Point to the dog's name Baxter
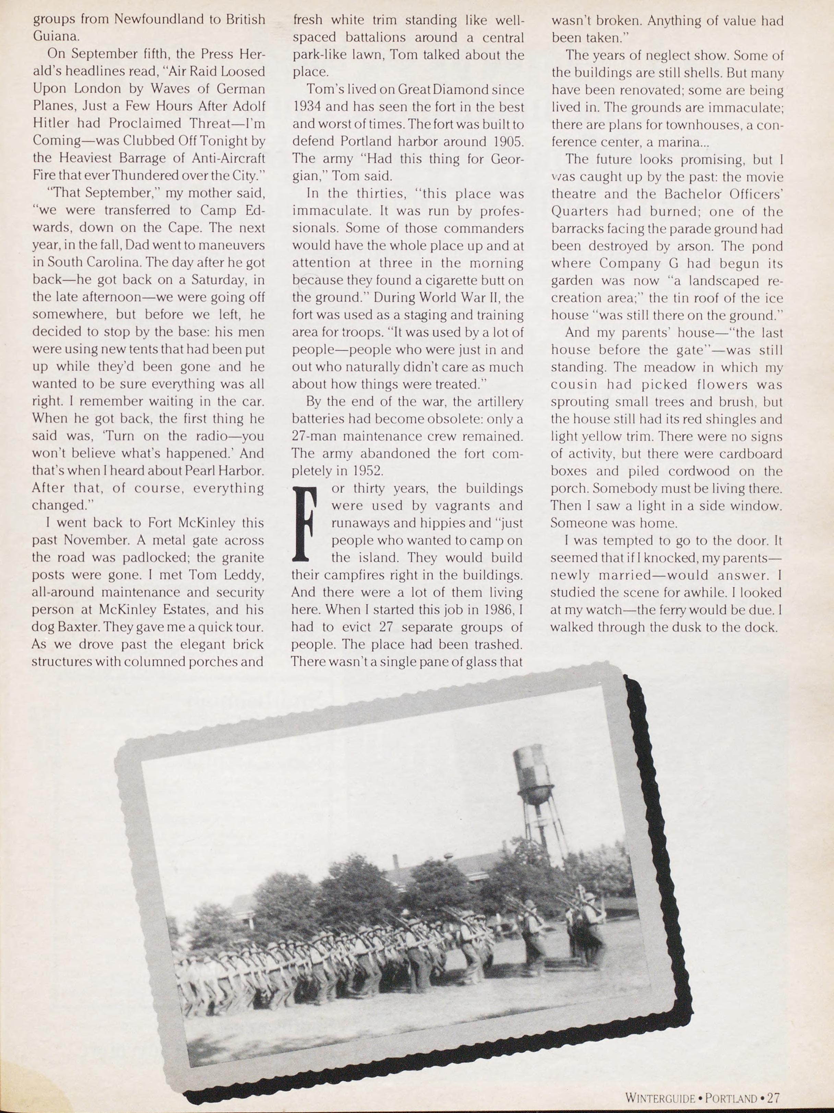click(75, 627)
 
